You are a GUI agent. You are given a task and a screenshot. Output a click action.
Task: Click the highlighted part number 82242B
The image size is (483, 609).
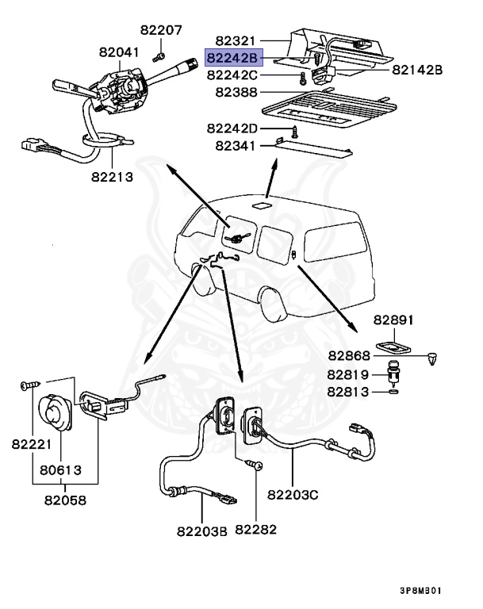232,58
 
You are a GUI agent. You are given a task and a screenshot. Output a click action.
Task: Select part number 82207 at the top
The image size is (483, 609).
161,31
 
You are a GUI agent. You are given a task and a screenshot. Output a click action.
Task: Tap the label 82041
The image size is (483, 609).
119,52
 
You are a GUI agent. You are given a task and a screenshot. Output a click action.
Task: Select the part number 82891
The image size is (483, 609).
394,320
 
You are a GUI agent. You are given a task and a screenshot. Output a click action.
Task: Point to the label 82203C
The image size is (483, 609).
293,496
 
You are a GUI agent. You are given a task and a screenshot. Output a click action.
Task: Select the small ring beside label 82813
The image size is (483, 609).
393,391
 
